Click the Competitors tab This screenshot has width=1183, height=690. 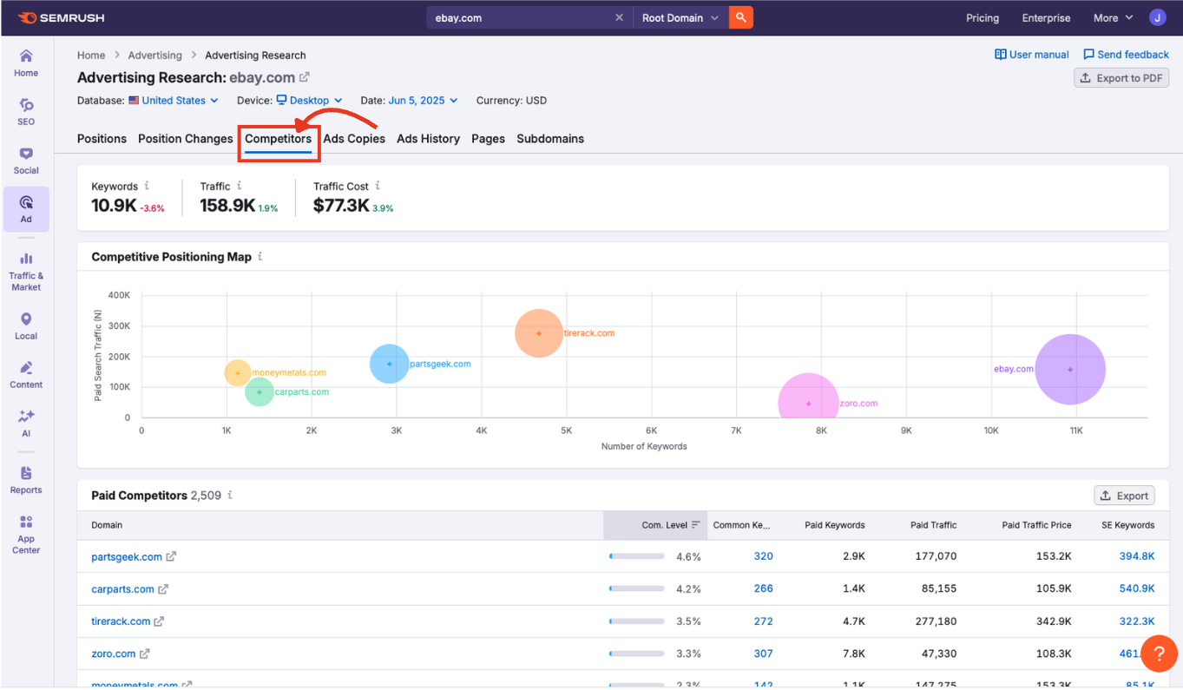[278, 139]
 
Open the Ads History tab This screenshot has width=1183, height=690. [428, 139]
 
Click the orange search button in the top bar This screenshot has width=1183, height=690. [740, 17]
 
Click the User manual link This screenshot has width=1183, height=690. [1032, 55]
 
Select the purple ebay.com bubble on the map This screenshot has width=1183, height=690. [1070, 370]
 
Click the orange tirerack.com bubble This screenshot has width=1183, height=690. [539, 333]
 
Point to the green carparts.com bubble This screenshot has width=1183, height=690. [259, 392]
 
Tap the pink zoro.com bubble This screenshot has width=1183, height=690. [808, 404]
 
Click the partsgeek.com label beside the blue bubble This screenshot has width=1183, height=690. [439, 365]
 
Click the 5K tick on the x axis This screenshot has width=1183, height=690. [566, 430]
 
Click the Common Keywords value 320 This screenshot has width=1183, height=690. [763, 556]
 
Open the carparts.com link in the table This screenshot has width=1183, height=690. [122, 589]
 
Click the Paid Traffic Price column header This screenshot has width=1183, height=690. [1036, 525]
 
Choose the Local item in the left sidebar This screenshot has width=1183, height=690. [26, 326]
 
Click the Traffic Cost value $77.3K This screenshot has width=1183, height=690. [341, 206]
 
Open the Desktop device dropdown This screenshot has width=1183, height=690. [309, 101]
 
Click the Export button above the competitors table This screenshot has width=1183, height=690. [1124, 496]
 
